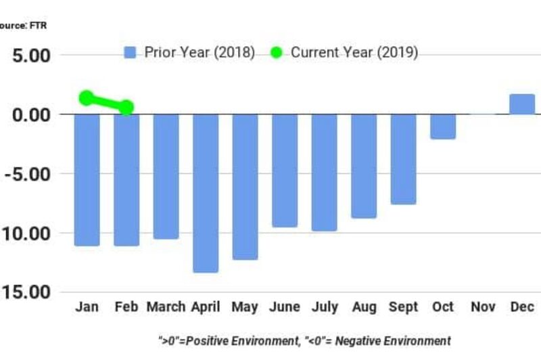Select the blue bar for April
click(206, 193)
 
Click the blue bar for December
click(522, 104)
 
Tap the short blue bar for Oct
click(443, 127)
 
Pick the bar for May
click(245, 186)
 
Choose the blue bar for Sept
click(403, 159)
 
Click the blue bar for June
click(285, 170)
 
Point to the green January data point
click(87, 98)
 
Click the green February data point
click(126, 107)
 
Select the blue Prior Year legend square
click(131, 53)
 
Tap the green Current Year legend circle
click(276, 53)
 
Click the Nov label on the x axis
click(483, 307)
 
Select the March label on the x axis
click(166, 307)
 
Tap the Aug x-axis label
click(364, 307)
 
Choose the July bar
click(324, 172)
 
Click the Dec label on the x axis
click(522, 307)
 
